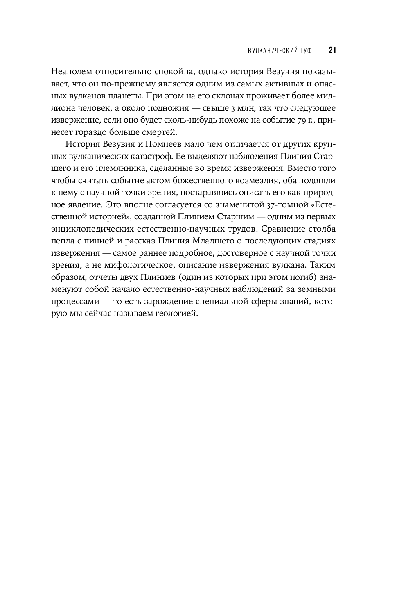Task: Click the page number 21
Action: [x=332, y=50]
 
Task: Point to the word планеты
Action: [x=146, y=96]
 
